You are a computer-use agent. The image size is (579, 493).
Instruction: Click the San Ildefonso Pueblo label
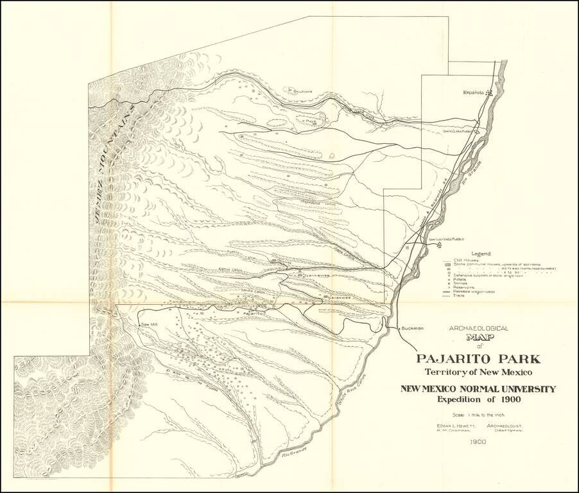coord(445,238)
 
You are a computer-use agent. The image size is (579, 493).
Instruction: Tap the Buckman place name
coord(412,328)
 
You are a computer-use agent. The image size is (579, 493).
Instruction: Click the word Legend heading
coord(481,253)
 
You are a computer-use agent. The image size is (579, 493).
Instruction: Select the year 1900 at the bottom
coord(478,442)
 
